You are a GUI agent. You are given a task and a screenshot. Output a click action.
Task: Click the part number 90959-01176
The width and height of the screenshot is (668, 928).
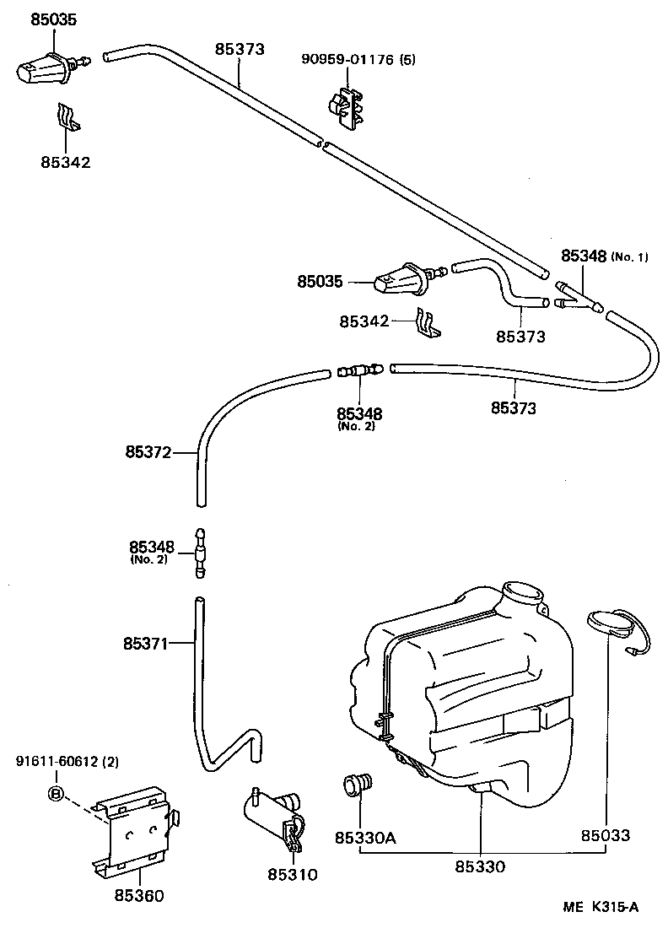pyautogui.click(x=351, y=59)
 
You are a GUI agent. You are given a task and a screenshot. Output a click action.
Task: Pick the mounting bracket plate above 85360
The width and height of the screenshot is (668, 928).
pyautogui.click(x=136, y=830)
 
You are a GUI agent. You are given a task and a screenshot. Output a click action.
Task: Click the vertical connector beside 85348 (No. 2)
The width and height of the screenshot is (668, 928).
pyautogui.click(x=200, y=553)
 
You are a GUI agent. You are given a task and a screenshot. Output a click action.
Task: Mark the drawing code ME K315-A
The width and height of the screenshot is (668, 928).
pyautogui.click(x=601, y=908)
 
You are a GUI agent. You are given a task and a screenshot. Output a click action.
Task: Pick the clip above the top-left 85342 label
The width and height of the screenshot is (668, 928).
pyautogui.click(x=67, y=118)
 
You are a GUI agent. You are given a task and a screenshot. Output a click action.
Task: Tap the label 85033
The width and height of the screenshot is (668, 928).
pyautogui.click(x=605, y=837)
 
